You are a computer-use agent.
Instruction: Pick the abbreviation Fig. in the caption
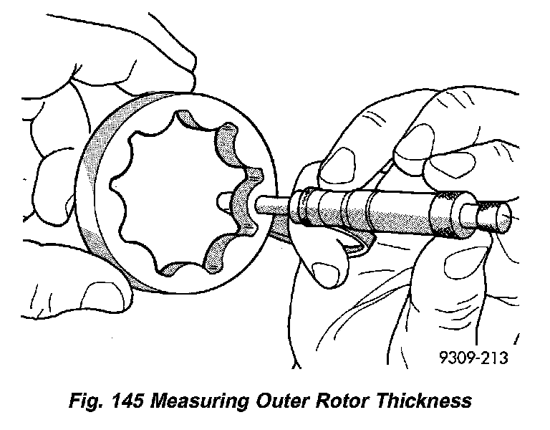point(74,400)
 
